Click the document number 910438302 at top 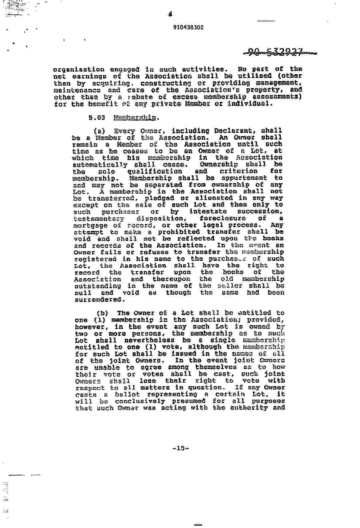188,27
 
